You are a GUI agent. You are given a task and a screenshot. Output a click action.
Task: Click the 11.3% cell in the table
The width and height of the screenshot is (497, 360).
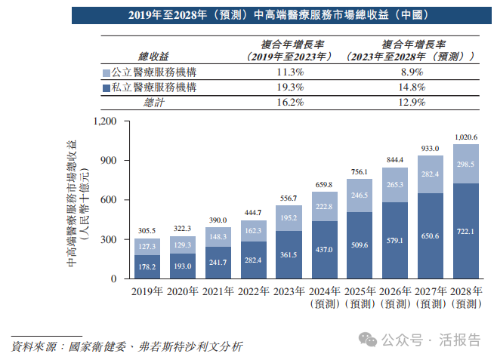(x=289, y=72)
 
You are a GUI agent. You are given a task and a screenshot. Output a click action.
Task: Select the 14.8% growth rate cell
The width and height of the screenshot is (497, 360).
(x=410, y=88)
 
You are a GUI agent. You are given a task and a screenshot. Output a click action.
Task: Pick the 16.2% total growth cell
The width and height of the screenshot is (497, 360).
(x=289, y=103)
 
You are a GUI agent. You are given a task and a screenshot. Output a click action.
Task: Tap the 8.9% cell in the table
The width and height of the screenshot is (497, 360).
(x=410, y=72)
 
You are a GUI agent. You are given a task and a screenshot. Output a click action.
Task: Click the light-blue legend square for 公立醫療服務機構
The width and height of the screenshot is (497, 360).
(x=105, y=73)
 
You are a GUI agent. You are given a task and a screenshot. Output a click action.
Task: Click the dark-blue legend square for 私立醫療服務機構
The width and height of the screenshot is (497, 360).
(x=105, y=88)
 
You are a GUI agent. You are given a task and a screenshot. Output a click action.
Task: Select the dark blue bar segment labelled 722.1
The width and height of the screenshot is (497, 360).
(x=466, y=231)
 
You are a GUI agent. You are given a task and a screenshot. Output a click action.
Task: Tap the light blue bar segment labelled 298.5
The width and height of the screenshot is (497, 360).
(x=466, y=164)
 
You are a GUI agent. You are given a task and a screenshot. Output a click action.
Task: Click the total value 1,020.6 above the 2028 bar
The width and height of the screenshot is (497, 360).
(x=466, y=137)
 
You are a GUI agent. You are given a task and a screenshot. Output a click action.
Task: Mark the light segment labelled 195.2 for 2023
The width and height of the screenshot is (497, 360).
(x=288, y=218)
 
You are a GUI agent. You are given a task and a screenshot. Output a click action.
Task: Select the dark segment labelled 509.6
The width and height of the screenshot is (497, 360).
(x=360, y=245)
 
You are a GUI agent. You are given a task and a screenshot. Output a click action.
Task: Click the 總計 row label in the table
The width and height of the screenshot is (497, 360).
(x=154, y=103)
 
